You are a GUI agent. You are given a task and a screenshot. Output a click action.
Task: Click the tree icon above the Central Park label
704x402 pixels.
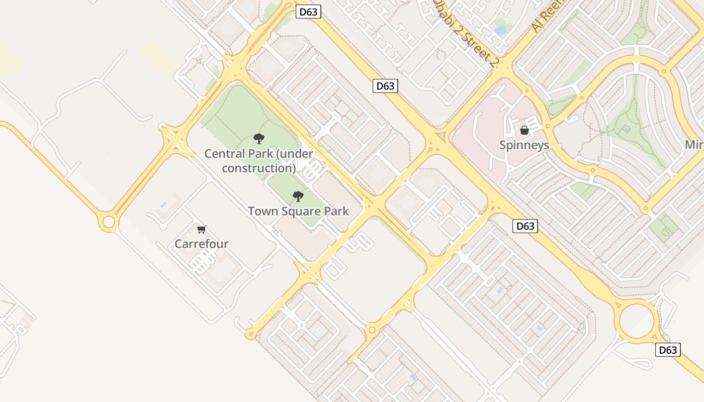click(259, 138)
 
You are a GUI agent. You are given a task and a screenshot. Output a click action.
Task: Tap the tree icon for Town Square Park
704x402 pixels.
click(298, 196)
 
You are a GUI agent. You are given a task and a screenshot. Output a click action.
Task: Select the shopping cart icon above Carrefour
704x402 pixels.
click(202, 229)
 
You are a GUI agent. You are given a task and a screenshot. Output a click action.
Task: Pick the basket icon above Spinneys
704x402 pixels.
click(524, 130)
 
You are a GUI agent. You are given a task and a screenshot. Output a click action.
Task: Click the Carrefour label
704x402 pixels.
click(201, 244)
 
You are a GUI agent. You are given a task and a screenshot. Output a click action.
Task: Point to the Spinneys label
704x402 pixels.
click(524, 145)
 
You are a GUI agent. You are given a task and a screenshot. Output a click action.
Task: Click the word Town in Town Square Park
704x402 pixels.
click(262, 211)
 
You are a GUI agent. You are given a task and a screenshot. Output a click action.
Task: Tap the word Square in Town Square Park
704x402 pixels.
click(300, 212)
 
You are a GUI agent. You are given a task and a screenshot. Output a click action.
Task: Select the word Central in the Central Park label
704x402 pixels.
click(225, 154)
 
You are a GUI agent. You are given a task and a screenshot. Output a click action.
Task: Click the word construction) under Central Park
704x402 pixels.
click(259, 168)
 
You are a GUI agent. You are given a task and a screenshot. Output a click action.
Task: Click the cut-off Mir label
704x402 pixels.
click(694, 145)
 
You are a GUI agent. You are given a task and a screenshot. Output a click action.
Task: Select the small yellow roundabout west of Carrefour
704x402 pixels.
click(109, 222)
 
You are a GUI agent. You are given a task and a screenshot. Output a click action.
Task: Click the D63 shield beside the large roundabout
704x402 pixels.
click(668, 350)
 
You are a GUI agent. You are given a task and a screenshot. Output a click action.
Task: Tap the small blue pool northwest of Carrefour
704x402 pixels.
click(163, 205)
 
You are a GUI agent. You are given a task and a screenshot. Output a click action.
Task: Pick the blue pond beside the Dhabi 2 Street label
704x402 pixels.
click(500, 30)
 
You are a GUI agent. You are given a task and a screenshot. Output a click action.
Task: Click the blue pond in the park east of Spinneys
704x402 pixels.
click(627, 129)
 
